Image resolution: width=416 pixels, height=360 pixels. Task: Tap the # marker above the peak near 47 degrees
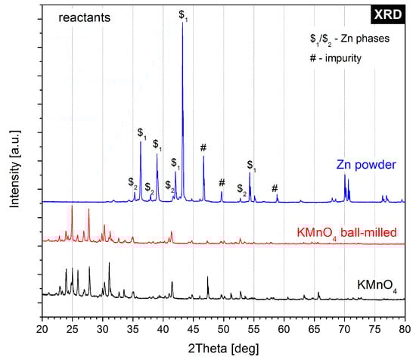[x=203, y=147]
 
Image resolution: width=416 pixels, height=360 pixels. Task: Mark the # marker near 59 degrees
[x=275, y=188]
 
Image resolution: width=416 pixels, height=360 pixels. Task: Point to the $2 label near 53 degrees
[x=241, y=188]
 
